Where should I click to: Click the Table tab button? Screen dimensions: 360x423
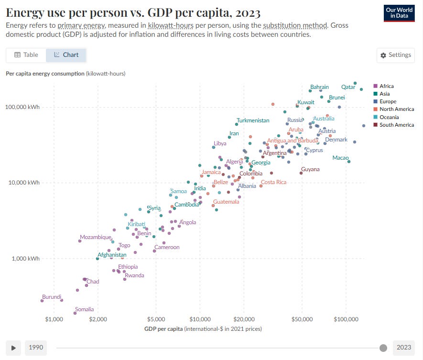[x=26, y=55]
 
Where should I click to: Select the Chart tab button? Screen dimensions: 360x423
[x=66, y=55]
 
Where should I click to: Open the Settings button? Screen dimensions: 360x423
[x=395, y=55]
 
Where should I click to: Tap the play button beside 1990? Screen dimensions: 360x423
[x=13, y=348]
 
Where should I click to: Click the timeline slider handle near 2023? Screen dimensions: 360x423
[x=383, y=348]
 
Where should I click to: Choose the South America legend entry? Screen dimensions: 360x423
[x=396, y=125]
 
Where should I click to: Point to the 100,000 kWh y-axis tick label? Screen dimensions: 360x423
[x=22, y=107]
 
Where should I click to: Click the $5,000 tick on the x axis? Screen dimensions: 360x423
[x=156, y=318]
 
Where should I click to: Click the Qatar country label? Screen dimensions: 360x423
[x=348, y=87]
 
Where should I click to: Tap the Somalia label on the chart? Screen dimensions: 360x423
[x=84, y=309]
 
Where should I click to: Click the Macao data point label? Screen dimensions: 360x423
[x=340, y=158]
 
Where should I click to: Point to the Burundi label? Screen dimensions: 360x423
[x=52, y=297]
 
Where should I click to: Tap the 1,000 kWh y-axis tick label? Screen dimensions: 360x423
[x=25, y=259]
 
